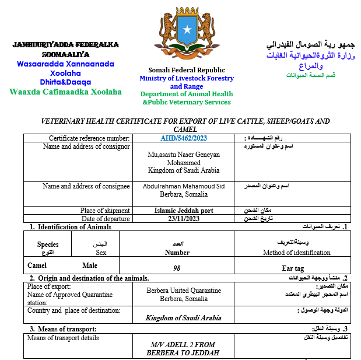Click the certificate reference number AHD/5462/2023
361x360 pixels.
184,138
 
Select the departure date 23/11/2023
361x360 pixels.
184,219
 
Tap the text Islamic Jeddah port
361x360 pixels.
184,211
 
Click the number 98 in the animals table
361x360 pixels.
177,268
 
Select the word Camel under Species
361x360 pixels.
37,265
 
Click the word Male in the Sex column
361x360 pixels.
90,265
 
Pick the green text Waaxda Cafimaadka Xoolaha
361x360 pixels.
66,92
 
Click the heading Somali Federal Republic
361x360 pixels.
187,70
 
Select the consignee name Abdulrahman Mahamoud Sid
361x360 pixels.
184,186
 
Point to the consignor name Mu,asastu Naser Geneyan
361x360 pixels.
184,155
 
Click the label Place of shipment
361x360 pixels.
105,211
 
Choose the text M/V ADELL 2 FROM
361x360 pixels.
183,345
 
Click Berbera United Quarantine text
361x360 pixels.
184,290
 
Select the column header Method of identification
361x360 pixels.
297,253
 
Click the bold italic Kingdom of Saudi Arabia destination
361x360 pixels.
183,318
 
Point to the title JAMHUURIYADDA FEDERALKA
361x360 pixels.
66,44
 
